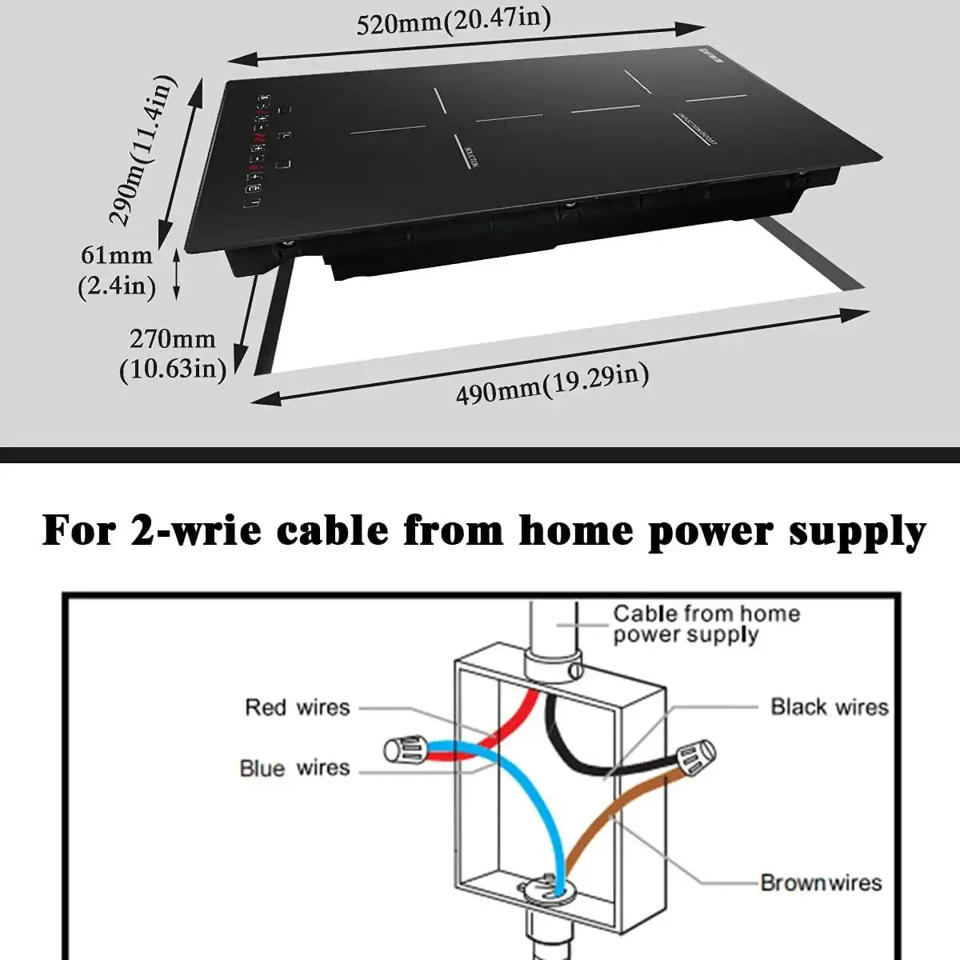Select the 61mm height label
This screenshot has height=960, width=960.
point(117,256)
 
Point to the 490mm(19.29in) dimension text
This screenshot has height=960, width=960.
point(552,384)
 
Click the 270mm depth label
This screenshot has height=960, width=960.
point(173,339)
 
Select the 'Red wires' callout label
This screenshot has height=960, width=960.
point(297,707)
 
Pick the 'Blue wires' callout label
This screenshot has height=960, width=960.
point(294,768)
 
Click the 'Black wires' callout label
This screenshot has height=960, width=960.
point(830,707)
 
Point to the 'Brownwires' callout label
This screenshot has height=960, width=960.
point(821,882)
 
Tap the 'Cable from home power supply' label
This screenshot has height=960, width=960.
point(706,624)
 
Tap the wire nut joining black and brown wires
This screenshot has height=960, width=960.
point(694,756)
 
